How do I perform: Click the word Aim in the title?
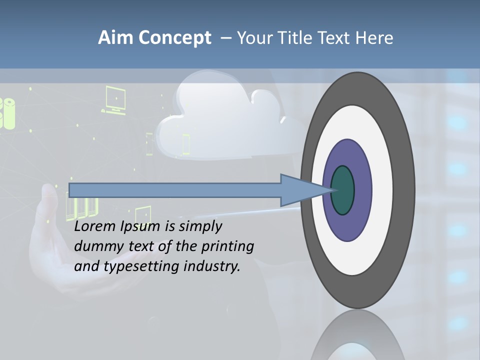114,37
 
